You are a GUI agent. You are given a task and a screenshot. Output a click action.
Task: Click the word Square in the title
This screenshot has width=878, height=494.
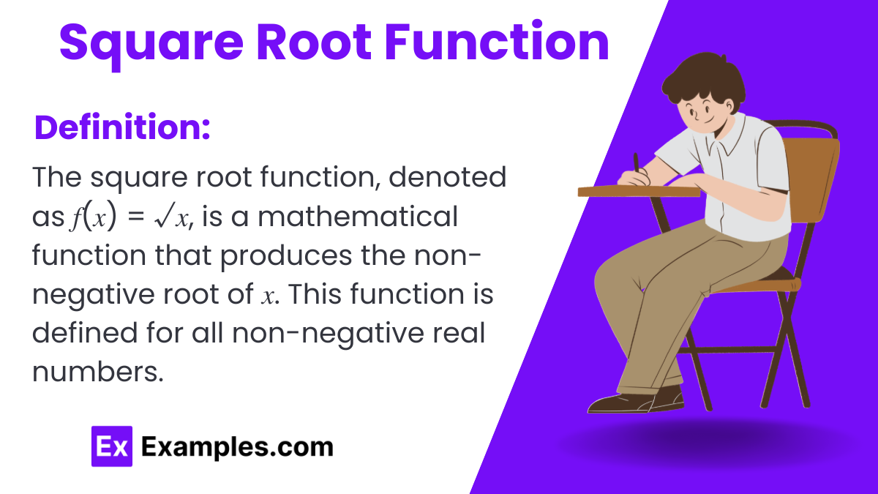pos(151,45)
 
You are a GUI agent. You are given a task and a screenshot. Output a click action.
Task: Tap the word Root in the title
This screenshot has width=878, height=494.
pos(314,42)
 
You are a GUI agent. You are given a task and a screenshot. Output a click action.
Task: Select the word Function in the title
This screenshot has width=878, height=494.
pos(497,42)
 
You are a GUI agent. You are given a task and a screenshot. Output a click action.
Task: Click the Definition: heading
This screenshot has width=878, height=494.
pos(122,127)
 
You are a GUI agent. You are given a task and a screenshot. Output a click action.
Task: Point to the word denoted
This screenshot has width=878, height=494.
pos(447,177)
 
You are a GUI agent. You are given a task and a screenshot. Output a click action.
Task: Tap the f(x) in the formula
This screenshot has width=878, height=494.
pos(94,217)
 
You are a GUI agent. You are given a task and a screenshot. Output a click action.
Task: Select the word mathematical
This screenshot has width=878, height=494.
pos(358,216)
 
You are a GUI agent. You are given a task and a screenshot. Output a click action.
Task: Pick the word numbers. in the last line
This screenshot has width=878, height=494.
pos(97,372)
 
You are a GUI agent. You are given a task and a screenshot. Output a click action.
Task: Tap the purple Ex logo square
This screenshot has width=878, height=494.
pos(112,446)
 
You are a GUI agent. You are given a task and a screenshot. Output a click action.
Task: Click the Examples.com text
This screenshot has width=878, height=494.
pos(237,447)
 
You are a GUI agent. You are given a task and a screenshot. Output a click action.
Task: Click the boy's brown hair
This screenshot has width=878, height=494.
pos(704,81)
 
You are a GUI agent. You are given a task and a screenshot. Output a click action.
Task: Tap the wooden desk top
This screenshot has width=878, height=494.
pos(639,191)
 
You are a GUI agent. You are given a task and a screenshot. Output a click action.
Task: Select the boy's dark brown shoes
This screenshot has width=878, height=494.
pos(636,400)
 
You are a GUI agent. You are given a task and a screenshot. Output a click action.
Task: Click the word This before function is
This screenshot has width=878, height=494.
pos(315,294)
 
